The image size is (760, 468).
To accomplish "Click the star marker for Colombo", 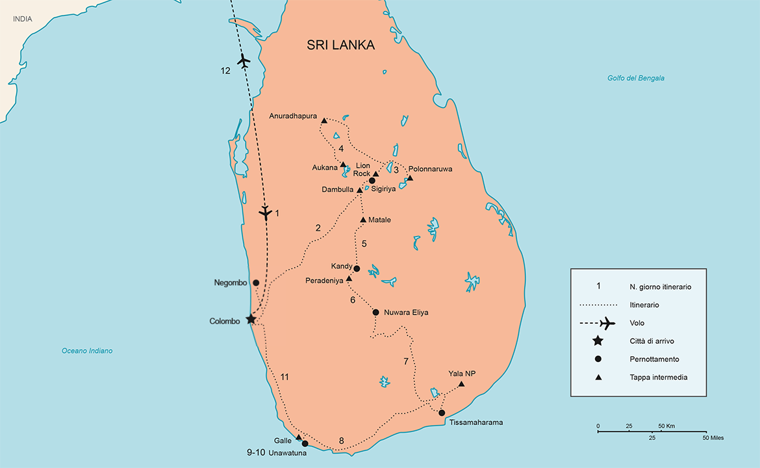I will tap(251, 319).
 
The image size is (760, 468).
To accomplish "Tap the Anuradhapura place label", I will tap(293, 116).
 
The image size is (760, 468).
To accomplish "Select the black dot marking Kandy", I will tap(357, 268).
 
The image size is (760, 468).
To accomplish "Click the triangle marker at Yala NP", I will tap(461, 384).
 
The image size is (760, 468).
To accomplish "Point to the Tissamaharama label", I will tap(475, 422).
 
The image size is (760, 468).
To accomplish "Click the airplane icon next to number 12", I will tap(244, 61).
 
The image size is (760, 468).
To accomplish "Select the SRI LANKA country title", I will tap(341, 45).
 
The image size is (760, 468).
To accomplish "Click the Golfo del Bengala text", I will tap(636, 78).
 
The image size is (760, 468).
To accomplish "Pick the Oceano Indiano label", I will tap(87, 351).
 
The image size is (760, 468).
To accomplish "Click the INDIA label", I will tap(23, 19).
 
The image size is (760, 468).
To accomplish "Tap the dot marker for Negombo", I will tap(256, 283).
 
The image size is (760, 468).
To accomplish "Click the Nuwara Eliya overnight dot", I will tap(375, 312).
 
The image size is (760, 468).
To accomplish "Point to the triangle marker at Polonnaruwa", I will tap(410, 178).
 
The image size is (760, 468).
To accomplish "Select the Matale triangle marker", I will tap(363, 220).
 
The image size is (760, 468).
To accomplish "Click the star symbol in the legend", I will tap(598, 341).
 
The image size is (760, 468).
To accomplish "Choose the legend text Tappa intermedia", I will tap(658, 377).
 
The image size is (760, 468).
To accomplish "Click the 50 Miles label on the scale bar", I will tap(713, 437).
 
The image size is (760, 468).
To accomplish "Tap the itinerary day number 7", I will tap(406, 361).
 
